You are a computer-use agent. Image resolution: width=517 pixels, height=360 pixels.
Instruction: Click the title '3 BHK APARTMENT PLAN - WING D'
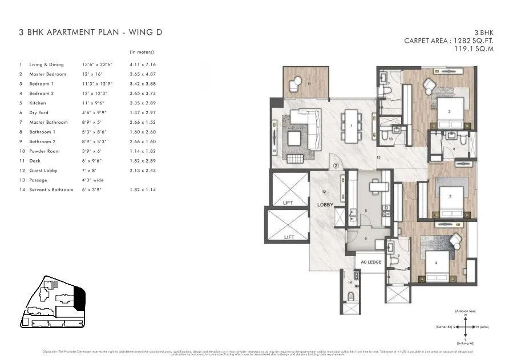91,32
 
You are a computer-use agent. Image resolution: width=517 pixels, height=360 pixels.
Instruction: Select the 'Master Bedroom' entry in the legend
47,74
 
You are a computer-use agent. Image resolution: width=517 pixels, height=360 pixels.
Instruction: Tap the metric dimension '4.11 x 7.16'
143,64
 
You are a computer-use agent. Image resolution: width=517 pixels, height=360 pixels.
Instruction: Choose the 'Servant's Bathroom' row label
51,189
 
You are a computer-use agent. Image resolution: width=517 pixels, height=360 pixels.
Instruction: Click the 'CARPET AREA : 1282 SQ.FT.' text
449,41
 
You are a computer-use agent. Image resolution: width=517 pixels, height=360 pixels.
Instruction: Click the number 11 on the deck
309,84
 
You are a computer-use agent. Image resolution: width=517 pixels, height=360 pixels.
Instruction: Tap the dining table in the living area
352,126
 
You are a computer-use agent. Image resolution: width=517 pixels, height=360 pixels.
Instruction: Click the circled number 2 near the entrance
337,166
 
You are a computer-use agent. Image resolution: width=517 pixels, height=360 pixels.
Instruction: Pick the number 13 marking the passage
378,156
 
